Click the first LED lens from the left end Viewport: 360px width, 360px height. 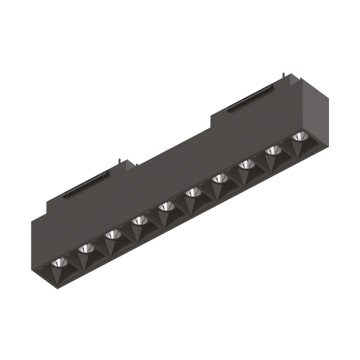tap(59, 262)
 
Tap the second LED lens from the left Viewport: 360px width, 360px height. tap(86, 248)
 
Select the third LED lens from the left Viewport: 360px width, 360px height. tap(112, 235)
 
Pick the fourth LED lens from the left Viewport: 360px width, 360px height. tap(139, 220)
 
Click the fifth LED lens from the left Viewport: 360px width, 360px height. tap(166, 207)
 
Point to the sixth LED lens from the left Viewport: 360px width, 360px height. tap(193, 193)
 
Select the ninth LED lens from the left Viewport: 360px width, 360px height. tap(273, 152)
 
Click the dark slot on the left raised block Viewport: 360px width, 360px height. tap(85, 189)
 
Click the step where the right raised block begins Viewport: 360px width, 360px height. tap(211, 115)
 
